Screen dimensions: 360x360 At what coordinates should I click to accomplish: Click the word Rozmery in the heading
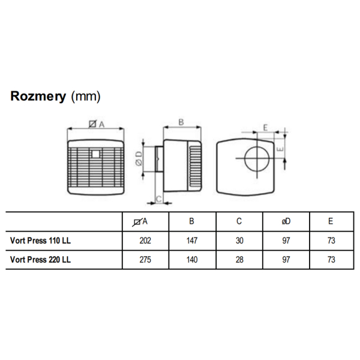coord(38,97)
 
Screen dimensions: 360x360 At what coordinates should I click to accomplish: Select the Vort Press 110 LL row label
coord(41,241)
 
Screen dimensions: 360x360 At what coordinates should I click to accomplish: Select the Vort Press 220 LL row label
coord(41,260)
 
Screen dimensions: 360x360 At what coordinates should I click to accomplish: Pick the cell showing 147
coord(191,241)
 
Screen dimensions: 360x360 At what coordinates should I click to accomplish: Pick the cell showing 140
coord(191,260)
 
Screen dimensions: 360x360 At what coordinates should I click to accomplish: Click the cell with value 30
coord(239,241)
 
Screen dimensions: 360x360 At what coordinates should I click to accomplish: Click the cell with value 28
coord(239,260)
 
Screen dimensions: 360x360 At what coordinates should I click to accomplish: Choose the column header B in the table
coord(191,221)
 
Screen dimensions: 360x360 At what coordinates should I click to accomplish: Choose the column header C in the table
coord(239,221)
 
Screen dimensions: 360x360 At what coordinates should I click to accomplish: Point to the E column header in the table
coord(331,221)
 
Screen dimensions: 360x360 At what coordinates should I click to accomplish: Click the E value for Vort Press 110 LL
coord(331,241)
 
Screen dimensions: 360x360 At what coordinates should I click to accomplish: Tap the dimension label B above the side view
coord(181,122)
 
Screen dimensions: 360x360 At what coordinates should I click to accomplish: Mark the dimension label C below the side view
coord(158,198)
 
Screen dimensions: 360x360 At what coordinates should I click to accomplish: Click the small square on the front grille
coord(97,154)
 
